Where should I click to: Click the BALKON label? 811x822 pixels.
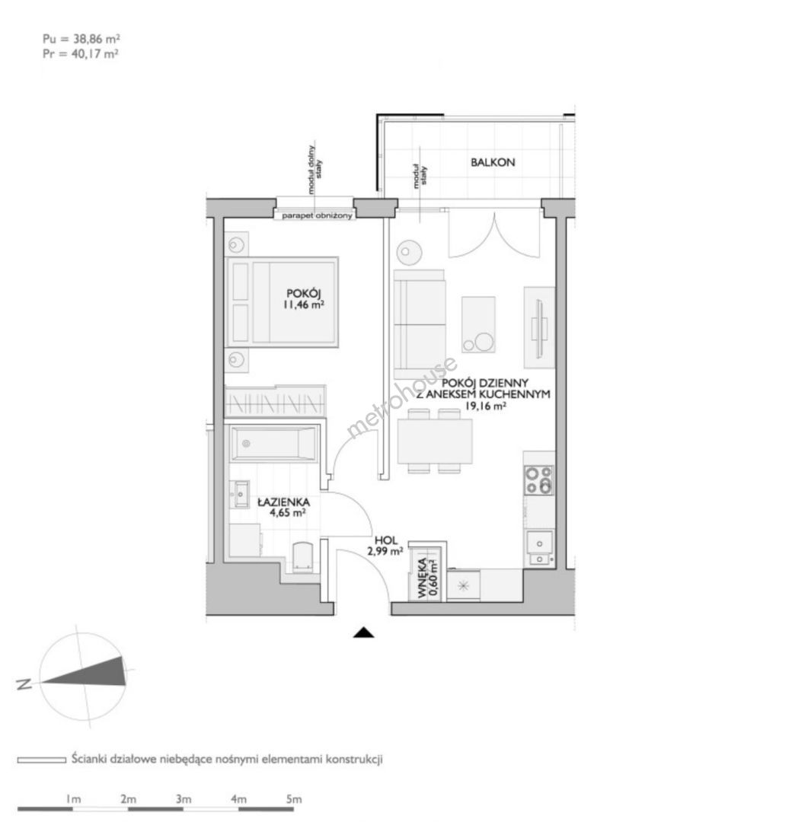point(493,163)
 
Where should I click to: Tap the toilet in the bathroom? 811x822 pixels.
point(302,556)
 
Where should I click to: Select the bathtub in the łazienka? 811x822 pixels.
point(273,444)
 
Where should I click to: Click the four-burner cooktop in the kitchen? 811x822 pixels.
point(538,480)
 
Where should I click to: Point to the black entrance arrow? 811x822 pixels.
point(363,632)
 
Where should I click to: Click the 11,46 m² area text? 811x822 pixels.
point(303,304)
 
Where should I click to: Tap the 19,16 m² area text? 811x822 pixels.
point(486,406)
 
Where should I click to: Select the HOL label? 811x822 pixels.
point(386,540)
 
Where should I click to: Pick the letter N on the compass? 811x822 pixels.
point(24,684)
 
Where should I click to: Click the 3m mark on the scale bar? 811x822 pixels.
point(184,799)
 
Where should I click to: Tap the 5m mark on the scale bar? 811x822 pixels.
point(294,799)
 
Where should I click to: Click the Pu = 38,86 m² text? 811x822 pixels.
point(81,39)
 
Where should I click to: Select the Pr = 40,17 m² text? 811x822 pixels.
point(80,53)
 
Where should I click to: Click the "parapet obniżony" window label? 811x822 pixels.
point(317,215)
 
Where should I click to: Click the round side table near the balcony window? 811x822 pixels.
point(409,253)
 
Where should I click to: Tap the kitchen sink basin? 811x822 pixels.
point(538,540)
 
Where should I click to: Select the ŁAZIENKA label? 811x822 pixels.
point(284,502)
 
